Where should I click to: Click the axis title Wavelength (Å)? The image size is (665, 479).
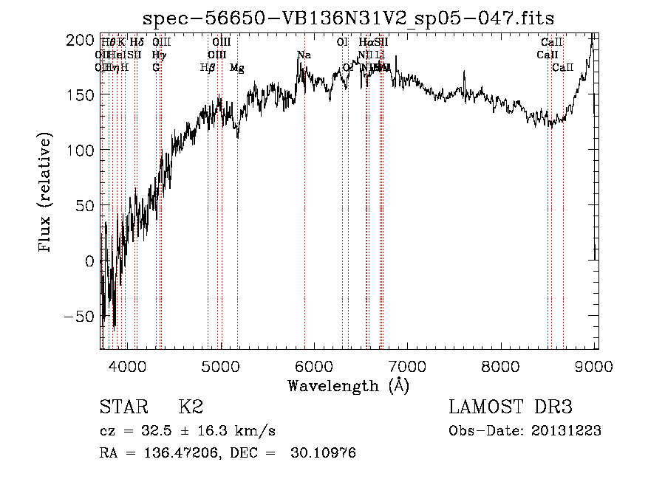(x=348, y=385)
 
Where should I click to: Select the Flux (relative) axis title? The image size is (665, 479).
(x=46, y=194)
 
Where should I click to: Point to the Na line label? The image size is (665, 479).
(x=304, y=55)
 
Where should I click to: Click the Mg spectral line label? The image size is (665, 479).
(x=236, y=68)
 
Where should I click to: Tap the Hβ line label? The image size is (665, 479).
(x=208, y=68)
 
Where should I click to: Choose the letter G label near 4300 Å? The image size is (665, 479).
(x=156, y=68)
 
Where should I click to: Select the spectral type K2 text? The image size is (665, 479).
(x=191, y=407)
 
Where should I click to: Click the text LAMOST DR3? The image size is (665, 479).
(x=510, y=407)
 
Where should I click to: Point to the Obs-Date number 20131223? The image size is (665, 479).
(x=566, y=431)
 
